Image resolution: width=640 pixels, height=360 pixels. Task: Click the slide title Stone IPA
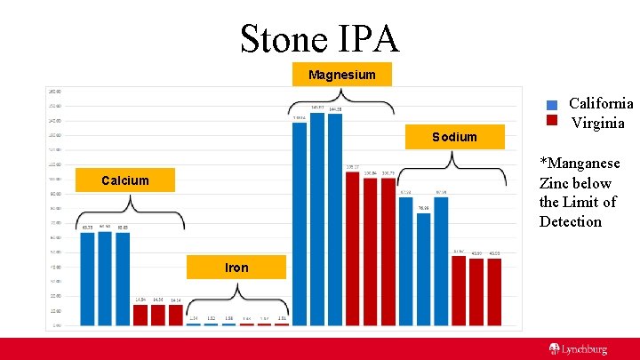click(x=319, y=38)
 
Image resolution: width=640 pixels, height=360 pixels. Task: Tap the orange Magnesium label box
click(x=341, y=75)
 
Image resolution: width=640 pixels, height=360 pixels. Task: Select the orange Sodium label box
click(x=454, y=137)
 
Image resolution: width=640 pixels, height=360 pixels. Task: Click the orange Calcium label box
click(x=124, y=180)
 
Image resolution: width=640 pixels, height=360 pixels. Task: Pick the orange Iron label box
click(x=236, y=267)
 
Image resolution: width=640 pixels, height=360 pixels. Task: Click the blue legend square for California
click(x=552, y=105)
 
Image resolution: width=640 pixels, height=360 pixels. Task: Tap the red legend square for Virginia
click(x=552, y=121)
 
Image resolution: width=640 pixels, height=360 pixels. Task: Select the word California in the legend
click(x=601, y=104)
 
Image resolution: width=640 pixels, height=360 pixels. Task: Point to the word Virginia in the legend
click(x=597, y=123)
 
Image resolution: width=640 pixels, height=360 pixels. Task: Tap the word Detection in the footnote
click(x=571, y=221)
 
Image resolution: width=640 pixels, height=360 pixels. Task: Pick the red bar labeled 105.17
click(x=352, y=249)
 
